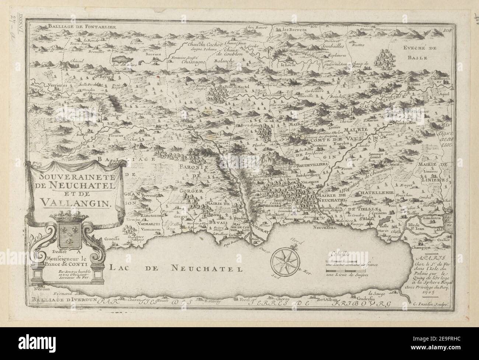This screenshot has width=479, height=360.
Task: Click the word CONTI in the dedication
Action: click(x=77, y=263)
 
